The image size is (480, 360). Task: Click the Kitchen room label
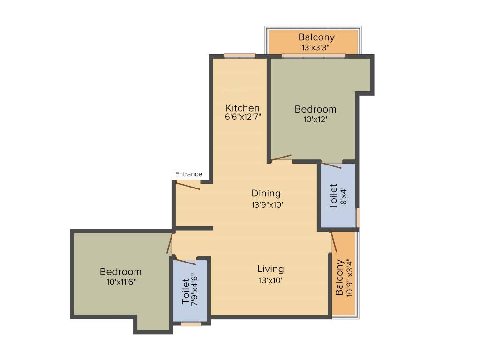click(242, 107)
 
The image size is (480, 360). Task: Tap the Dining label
click(266, 193)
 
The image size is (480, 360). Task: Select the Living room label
click(270, 269)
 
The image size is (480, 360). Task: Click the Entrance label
click(188, 174)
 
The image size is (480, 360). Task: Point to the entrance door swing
click(188, 185)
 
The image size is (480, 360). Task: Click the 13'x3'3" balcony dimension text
click(317, 47)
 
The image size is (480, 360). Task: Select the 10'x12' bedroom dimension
click(315, 120)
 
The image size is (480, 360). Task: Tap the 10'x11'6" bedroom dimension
click(120, 282)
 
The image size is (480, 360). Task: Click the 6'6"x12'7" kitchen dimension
click(243, 117)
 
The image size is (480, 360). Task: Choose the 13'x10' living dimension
click(270, 280)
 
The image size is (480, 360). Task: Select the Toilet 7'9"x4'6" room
click(190, 291)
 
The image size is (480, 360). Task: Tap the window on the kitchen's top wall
click(240, 56)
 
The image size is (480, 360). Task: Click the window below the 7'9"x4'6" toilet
click(191, 323)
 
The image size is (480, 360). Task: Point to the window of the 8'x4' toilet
click(358, 217)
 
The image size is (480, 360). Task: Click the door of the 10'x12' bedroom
click(281, 158)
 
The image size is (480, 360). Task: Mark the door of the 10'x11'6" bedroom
click(170, 243)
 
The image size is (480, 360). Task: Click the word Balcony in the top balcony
click(317, 37)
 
